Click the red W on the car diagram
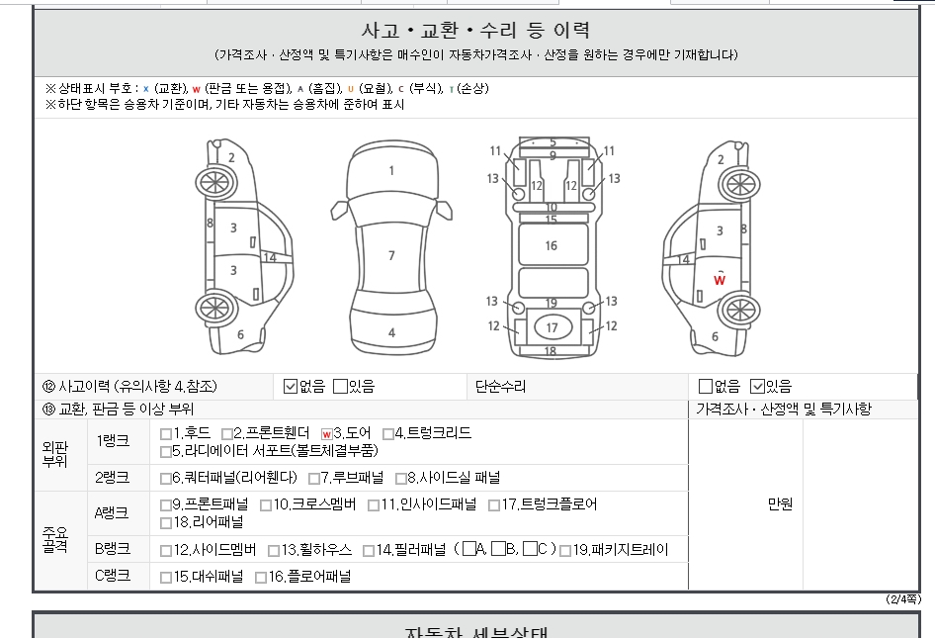720,280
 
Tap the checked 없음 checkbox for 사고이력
291,387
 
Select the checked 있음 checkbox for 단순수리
757,387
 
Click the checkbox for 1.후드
166,434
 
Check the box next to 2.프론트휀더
226,434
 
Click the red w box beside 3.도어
326,434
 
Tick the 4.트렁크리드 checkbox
388,434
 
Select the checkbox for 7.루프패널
313,479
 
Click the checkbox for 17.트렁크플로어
494,505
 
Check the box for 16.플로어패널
261,578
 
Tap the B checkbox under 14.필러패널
498,548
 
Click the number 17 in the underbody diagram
552,327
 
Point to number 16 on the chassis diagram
551,246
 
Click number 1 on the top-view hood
391,171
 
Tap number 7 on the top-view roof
391,255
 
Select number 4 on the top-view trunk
391,333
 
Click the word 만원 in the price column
780,504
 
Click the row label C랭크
112,576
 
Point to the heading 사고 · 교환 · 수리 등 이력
475,30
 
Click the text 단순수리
500,387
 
